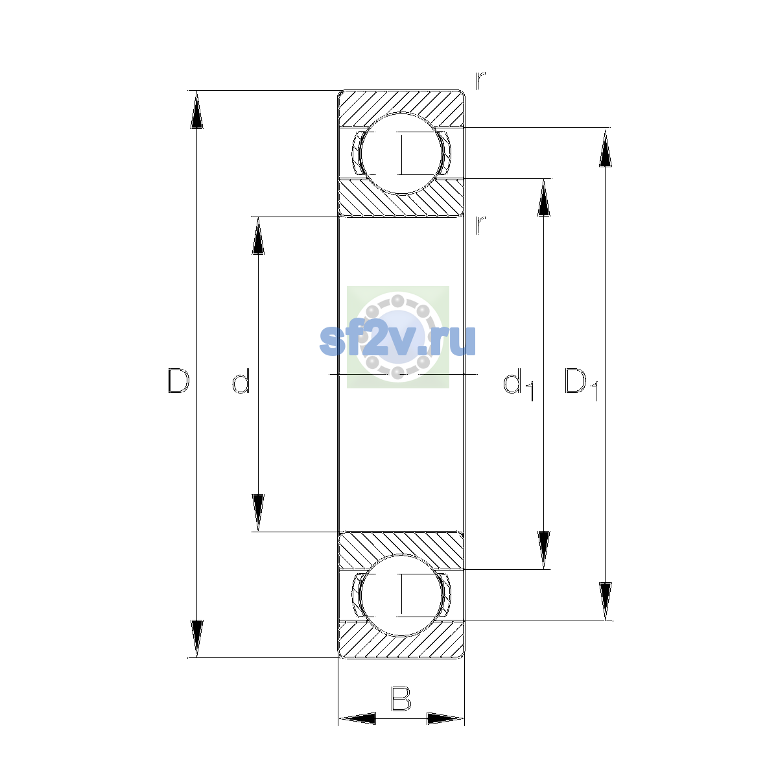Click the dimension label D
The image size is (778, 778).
(x=178, y=381)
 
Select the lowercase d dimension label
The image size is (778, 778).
(x=241, y=381)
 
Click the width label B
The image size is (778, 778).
(x=401, y=699)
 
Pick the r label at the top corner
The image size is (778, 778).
(x=480, y=81)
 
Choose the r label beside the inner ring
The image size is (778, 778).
(x=480, y=225)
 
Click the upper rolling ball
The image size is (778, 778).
(x=401, y=154)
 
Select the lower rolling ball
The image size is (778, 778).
(x=401, y=596)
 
